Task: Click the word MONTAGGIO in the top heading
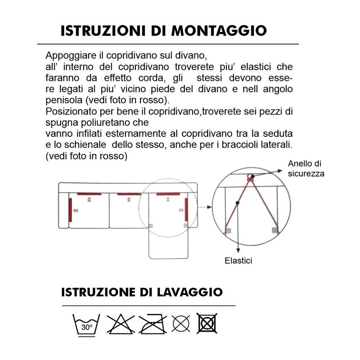pos(219,31)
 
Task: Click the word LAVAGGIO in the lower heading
pos(190,292)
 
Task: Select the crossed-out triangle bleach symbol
pos(121,323)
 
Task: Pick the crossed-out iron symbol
pos(153,323)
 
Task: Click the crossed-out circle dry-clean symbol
pos(181,323)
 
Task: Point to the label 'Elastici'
pos(238,261)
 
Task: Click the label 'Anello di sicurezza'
pos(306,168)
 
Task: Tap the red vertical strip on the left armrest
pos(70,210)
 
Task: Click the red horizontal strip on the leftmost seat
pos(89,194)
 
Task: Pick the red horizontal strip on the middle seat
pos(129,194)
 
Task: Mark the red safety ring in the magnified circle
pos(249,177)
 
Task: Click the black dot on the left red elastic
pos(237,203)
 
